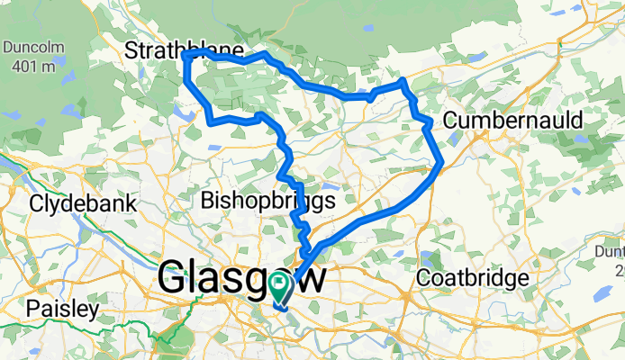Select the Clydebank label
click(x=83, y=203)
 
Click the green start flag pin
click(x=280, y=287)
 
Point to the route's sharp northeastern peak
click(x=403, y=81)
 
